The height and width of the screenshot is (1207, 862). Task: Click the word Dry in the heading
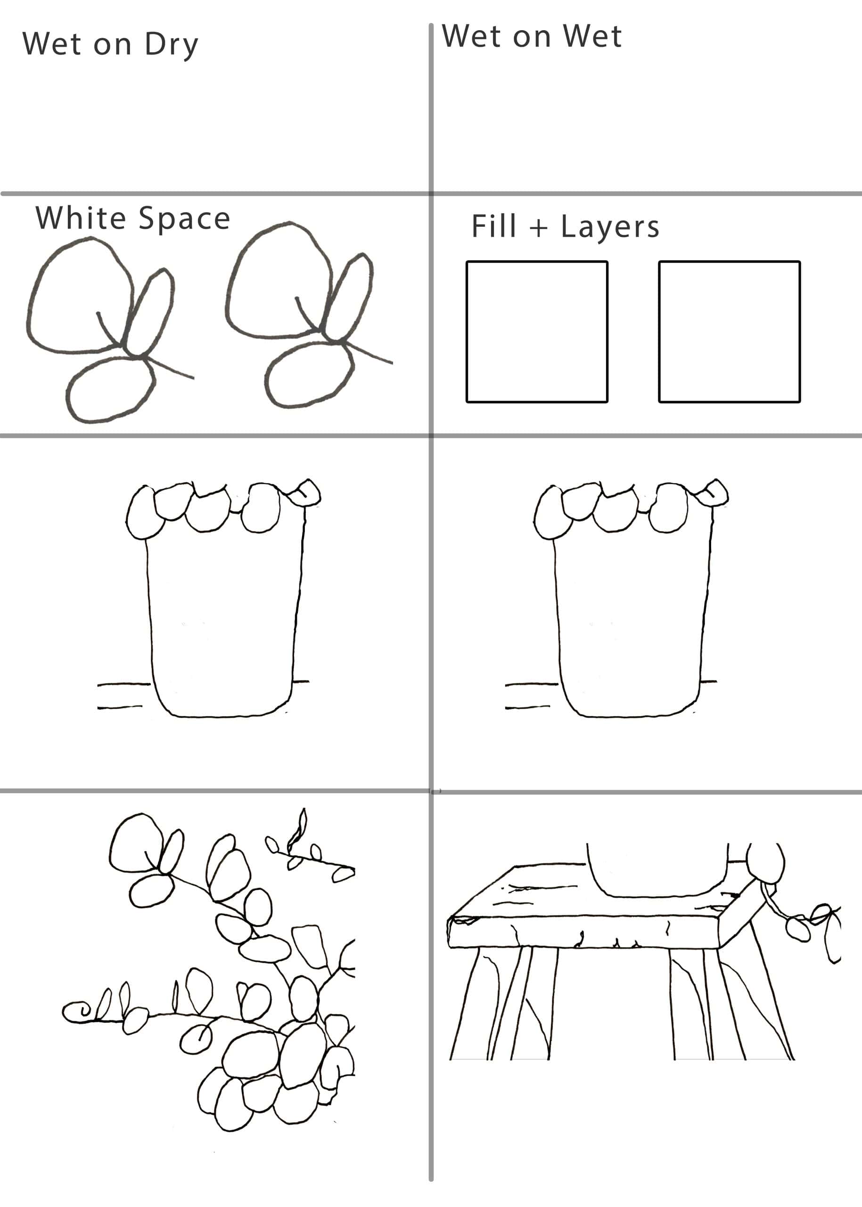tap(172, 45)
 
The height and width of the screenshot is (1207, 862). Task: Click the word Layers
tap(610, 227)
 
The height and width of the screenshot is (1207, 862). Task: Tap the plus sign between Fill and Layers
tap(538, 228)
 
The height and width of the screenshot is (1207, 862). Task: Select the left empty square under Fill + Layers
tap(537, 332)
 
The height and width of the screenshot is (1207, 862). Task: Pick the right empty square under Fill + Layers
tap(729, 332)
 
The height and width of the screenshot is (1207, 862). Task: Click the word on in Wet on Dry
tap(112, 46)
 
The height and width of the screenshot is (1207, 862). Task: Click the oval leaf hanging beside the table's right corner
tap(798, 930)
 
